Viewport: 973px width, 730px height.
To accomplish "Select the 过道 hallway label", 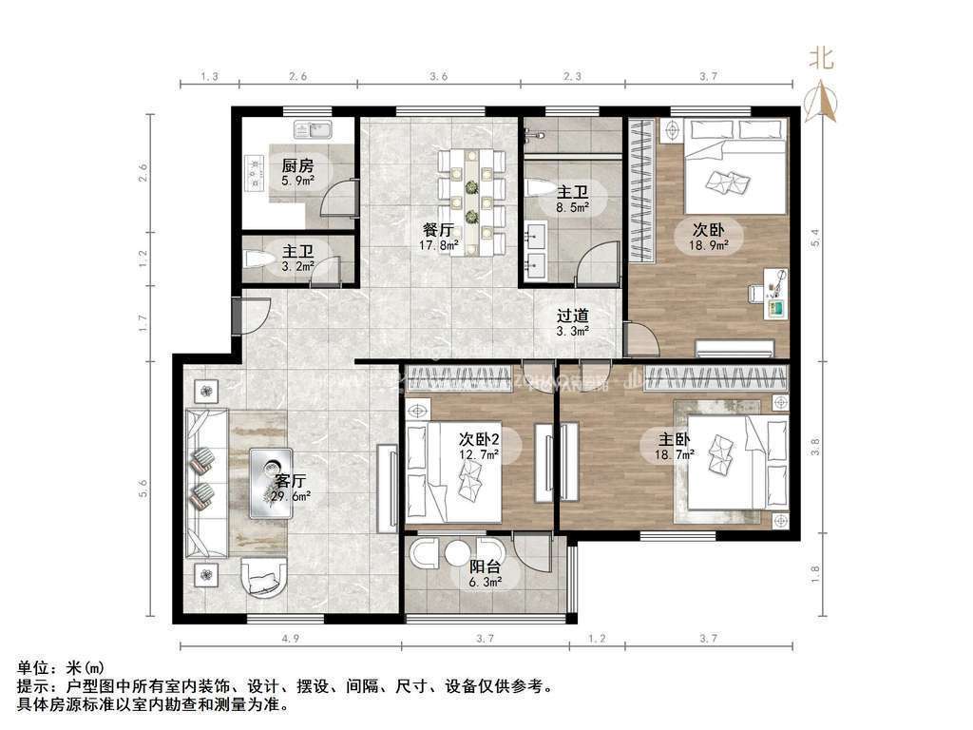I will [572, 316].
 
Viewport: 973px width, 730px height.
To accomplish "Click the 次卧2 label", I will [479, 439].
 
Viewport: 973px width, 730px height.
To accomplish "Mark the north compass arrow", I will [823, 101].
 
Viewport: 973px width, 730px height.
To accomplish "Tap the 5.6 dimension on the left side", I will [143, 490].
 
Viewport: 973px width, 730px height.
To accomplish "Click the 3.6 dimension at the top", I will [438, 75].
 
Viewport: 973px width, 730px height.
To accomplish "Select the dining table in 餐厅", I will [471, 200].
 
